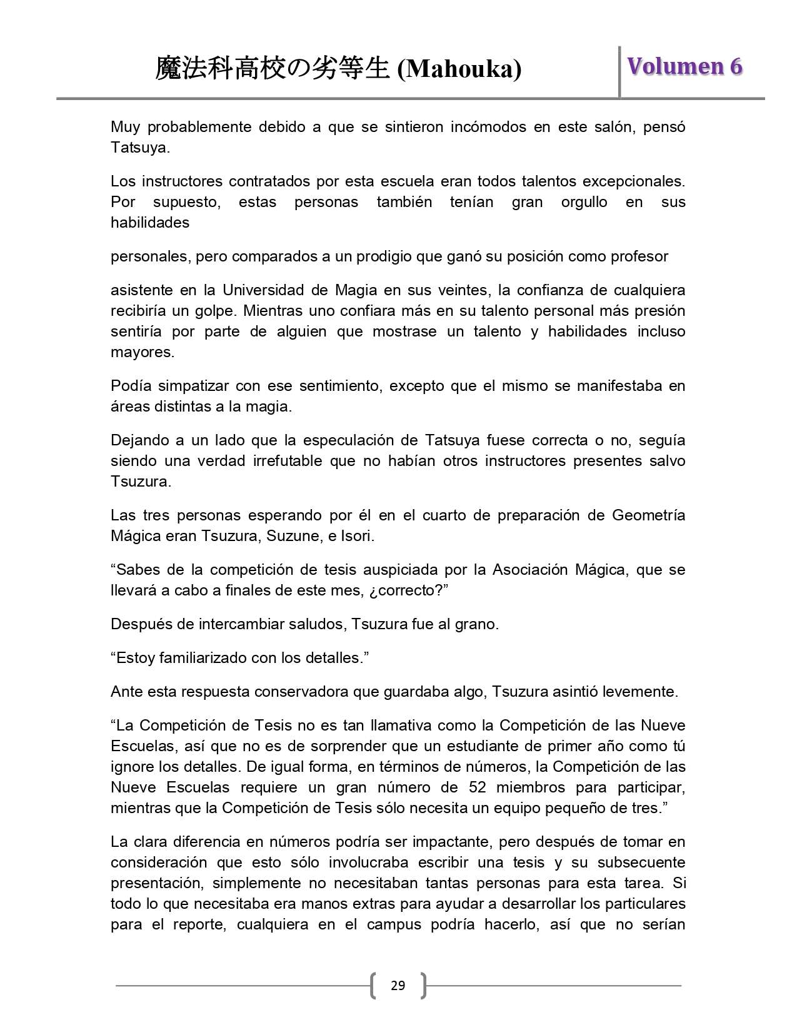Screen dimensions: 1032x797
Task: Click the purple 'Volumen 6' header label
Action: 685,66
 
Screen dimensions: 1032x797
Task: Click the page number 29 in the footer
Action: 398,986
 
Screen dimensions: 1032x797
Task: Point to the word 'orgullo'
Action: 584,202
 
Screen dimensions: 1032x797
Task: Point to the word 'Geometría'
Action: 648,515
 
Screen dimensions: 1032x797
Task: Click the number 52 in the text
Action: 478,787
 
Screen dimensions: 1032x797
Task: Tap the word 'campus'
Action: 394,924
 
